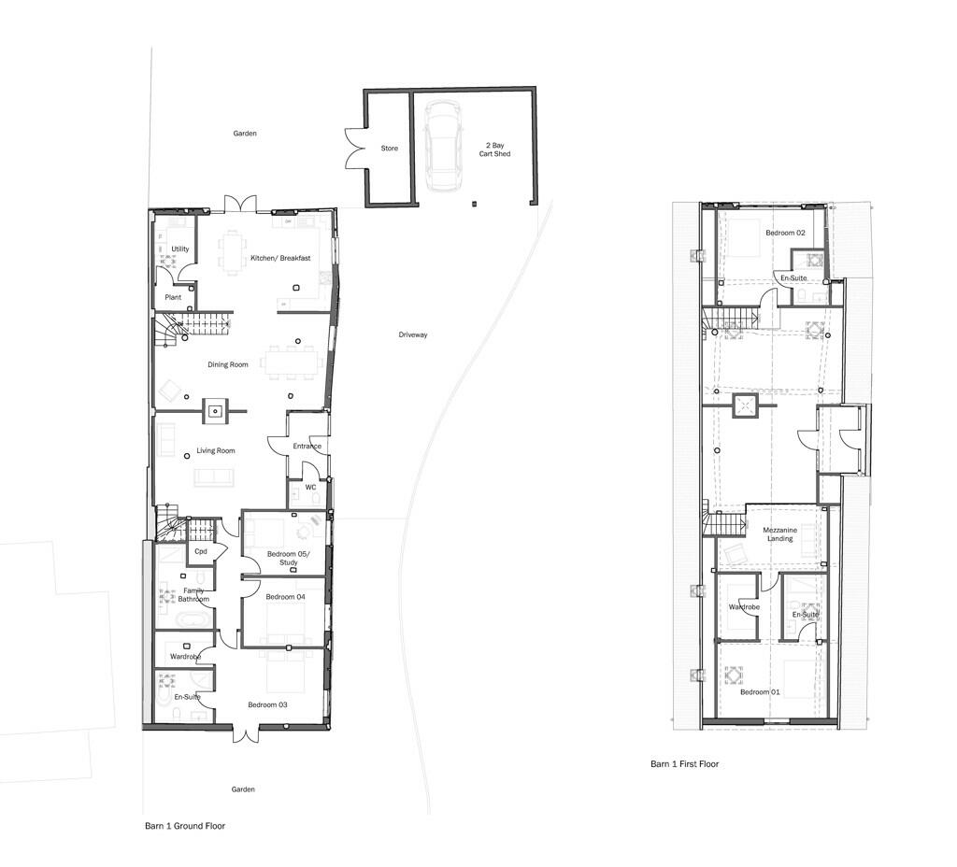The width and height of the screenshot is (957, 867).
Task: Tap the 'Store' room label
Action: coord(389,149)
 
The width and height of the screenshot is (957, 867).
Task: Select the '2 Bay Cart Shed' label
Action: coord(497,149)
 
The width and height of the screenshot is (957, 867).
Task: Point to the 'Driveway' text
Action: coord(412,334)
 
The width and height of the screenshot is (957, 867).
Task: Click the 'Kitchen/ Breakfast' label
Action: coord(279,258)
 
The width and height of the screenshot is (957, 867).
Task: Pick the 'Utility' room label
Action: coord(180,249)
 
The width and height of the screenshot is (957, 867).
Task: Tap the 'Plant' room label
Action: coord(173,297)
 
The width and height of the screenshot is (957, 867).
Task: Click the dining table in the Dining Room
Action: coord(290,362)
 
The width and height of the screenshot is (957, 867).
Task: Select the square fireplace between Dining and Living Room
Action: coord(216,409)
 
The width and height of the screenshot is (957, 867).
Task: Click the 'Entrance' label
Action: coord(307,447)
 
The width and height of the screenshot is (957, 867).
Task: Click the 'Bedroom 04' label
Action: coord(285,597)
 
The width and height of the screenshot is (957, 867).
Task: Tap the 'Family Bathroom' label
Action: coord(193,594)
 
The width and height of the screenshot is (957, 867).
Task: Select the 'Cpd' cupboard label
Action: coord(200,551)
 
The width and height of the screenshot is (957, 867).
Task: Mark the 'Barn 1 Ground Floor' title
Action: coord(184,826)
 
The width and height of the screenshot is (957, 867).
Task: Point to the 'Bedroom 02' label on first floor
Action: coord(785,233)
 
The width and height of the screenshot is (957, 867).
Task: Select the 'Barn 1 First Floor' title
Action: coord(684,764)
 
